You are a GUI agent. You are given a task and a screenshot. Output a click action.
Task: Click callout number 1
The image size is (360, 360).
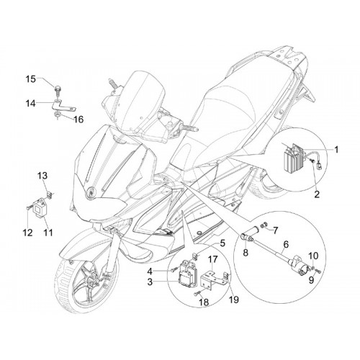point(336,150)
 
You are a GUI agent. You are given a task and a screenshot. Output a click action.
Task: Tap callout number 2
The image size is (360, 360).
point(317,194)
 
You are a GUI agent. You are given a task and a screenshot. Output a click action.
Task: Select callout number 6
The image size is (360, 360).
point(286,245)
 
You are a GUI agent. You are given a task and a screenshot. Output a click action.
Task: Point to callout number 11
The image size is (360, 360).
point(48,233)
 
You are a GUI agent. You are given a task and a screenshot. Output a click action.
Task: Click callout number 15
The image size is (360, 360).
point(31,79)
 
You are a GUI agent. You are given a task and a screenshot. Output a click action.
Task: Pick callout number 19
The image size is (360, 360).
point(234,300)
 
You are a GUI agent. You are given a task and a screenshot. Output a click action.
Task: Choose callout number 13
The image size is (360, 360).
point(42,176)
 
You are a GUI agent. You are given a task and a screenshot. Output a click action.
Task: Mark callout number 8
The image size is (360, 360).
point(246,253)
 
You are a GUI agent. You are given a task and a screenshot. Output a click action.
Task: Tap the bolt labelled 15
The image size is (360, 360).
point(57,89)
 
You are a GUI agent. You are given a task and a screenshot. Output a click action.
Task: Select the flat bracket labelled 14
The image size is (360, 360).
point(64,105)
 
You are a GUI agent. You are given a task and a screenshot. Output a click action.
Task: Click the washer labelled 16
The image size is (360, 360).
point(58,115)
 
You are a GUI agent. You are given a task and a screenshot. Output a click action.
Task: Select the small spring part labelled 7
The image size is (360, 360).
point(264,225)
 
